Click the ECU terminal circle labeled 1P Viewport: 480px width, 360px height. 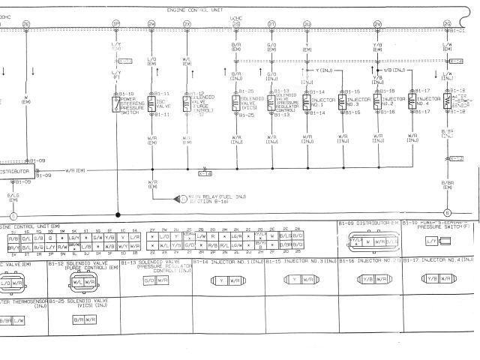(115, 25)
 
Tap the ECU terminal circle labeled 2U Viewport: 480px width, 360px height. (307, 25)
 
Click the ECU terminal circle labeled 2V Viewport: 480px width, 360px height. (377, 25)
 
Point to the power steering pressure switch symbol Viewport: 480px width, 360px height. (116, 103)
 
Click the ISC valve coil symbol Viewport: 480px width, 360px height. (152, 103)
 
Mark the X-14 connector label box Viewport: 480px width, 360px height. (205, 173)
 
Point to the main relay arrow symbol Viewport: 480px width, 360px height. (180, 198)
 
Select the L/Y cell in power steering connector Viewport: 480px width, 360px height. (431, 240)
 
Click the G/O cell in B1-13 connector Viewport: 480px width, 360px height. (148, 280)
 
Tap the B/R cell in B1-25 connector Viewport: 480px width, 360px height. (78, 319)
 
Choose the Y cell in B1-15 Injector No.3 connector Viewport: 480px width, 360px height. (295, 279)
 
